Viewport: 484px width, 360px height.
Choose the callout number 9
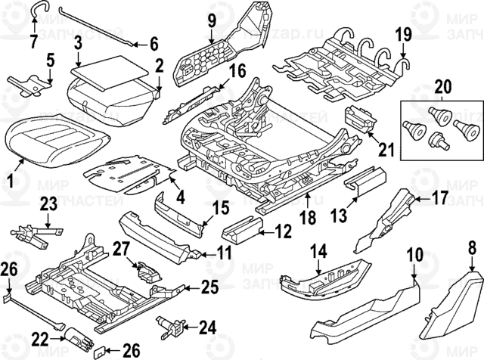click(x=212, y=18)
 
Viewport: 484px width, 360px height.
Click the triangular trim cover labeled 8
click(x=452, y=306)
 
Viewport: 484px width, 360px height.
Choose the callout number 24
click(x=206, y=327)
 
